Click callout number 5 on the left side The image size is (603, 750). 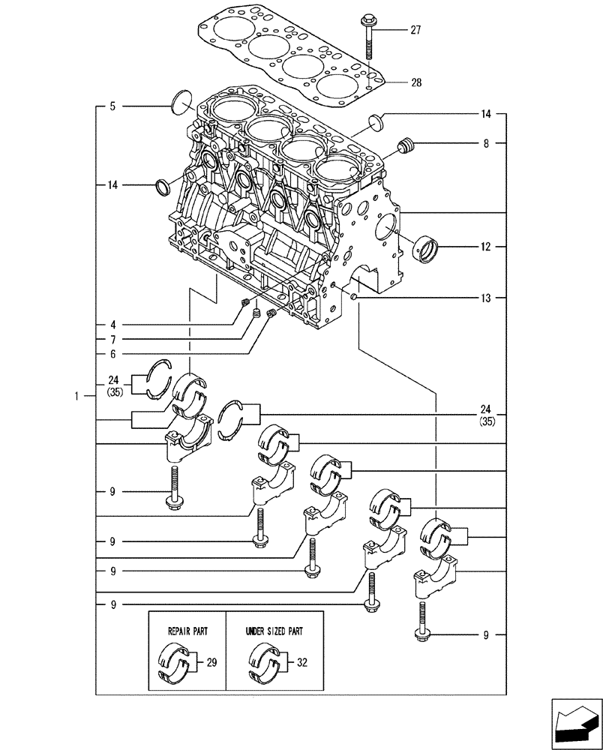(x=112, y=106)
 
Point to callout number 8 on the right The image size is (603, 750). (x=485, y=143)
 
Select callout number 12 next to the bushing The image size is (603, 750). (x=485, y=247)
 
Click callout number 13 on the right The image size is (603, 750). (x=485, y=298)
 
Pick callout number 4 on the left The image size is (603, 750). (x=112, y=325)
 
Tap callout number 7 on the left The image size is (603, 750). (x=112, y=339)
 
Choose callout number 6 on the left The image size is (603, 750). (x=112, y=353)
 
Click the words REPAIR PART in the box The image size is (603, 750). (x=187, y=631)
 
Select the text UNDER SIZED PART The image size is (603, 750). (x=274, y=631)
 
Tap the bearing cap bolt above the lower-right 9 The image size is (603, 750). (x=422, y=619)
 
